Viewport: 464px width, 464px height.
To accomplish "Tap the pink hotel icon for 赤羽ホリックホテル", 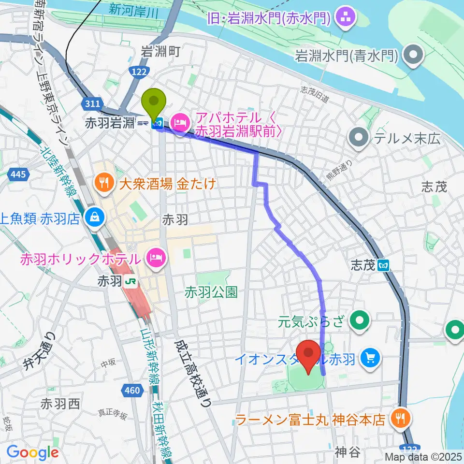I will click(155, 259).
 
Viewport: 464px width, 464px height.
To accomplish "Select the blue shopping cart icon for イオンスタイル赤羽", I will click(371, 359).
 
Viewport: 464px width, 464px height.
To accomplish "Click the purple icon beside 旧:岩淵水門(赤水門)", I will click(346, 19).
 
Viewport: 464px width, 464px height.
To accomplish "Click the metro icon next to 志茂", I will click(384, 265).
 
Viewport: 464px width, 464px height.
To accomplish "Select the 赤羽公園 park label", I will click(211, 291).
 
